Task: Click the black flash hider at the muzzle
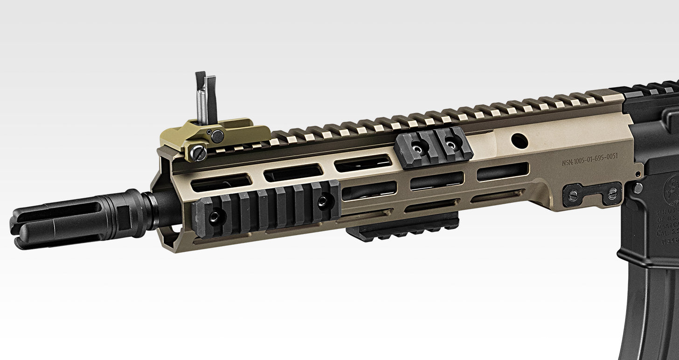pos(70,218)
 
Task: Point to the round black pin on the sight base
pos(217,136)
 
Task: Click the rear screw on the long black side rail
pos(322,201)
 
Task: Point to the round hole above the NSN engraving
pos(517,139)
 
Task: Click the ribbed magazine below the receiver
pos(653,312)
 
